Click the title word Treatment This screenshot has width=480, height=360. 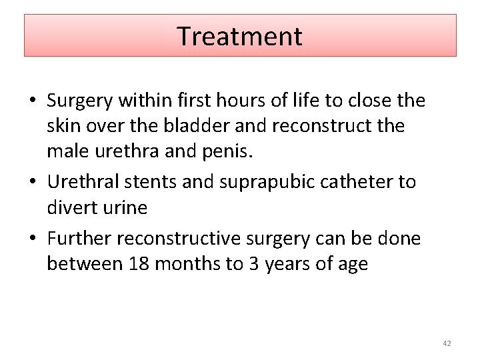(239, 36)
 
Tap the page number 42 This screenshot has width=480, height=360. (447, 343)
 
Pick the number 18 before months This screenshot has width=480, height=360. (139, 263)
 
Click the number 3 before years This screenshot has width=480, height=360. (254, 263)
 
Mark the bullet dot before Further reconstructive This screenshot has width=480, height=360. (31, 239)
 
